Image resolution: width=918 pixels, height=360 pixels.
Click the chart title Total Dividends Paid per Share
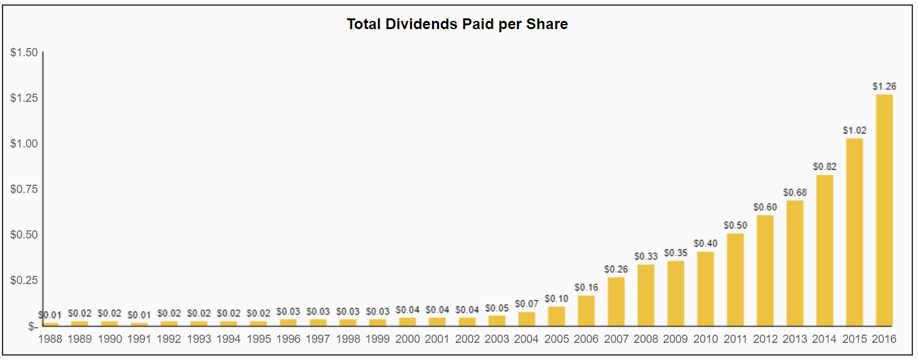click(x=457, y=25)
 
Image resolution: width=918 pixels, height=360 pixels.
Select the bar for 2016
click(x=884, y=210)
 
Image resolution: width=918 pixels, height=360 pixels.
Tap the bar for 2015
click(x=854, y=232)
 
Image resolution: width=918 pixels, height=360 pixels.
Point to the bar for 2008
click(x=646, y=295)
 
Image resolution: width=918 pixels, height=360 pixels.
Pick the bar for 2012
click(x=765, y=270)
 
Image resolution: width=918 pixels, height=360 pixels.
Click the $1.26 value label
click(x=884, y=86)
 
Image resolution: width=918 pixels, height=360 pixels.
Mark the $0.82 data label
click(x=824, y=166)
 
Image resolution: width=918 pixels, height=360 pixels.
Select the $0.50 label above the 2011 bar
click(x=735, y=225)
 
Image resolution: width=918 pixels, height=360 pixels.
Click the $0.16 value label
click(x=586, y=287)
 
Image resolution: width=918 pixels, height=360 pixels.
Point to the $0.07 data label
click(x=527, y=304)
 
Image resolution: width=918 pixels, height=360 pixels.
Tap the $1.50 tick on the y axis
click(x=24, y=53)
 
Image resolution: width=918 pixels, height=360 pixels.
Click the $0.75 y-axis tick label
click(x=24, y=189)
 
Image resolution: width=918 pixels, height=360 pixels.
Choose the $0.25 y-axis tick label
click(x=24, y=280)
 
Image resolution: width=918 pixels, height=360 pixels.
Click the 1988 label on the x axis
click(x=51, y=339)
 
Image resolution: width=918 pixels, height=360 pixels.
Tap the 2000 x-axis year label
click(x=407, y=339)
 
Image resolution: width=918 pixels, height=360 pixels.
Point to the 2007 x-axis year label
click(x=616, y=339)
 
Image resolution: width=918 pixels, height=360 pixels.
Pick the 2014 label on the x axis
click(x=824, y=339)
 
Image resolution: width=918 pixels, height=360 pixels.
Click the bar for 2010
click(x=705, y=289)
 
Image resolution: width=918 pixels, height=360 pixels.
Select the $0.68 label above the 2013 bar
click(x=795, y=192)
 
